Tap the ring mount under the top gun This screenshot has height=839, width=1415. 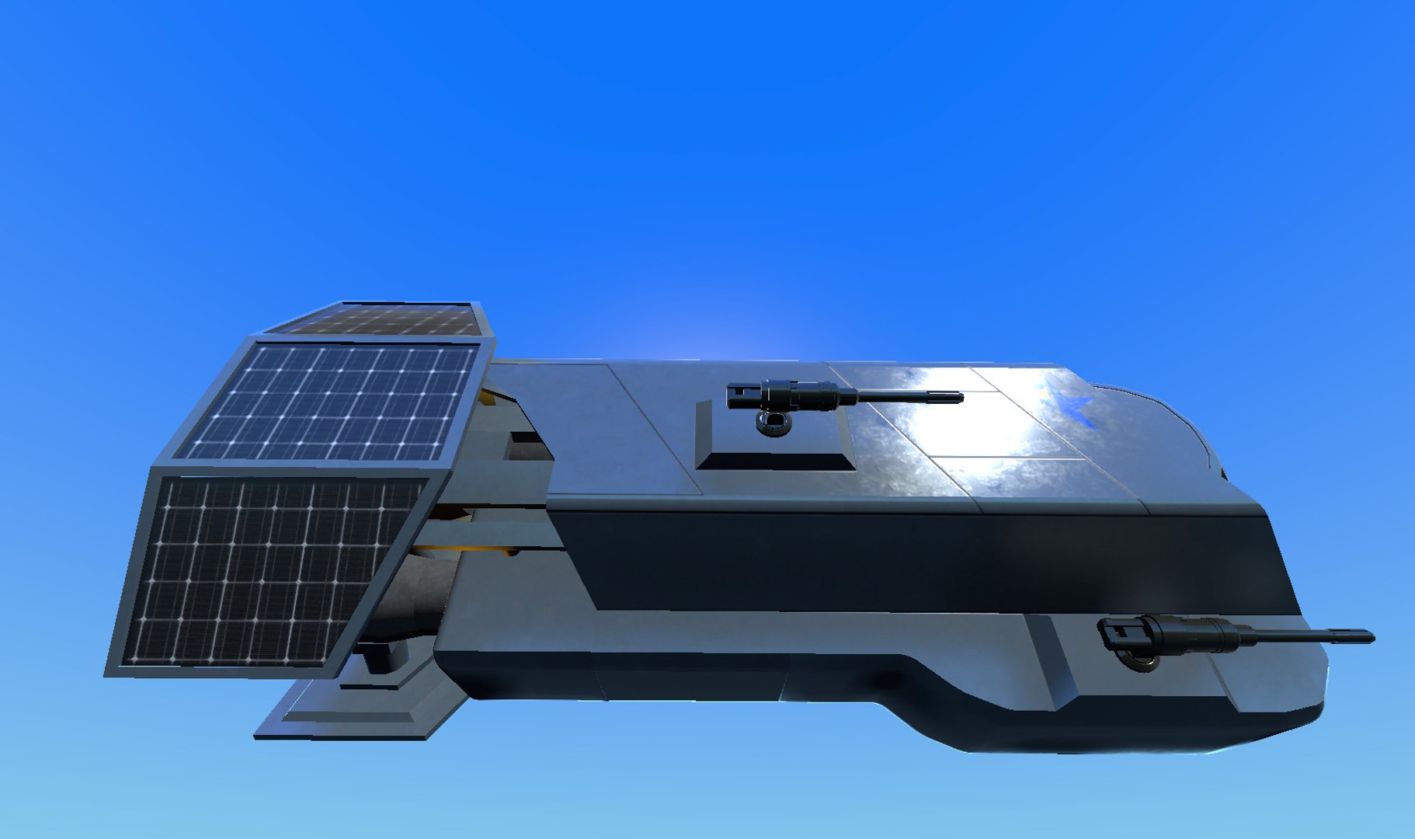point(774,423)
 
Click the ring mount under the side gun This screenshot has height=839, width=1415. point(1139,661)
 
